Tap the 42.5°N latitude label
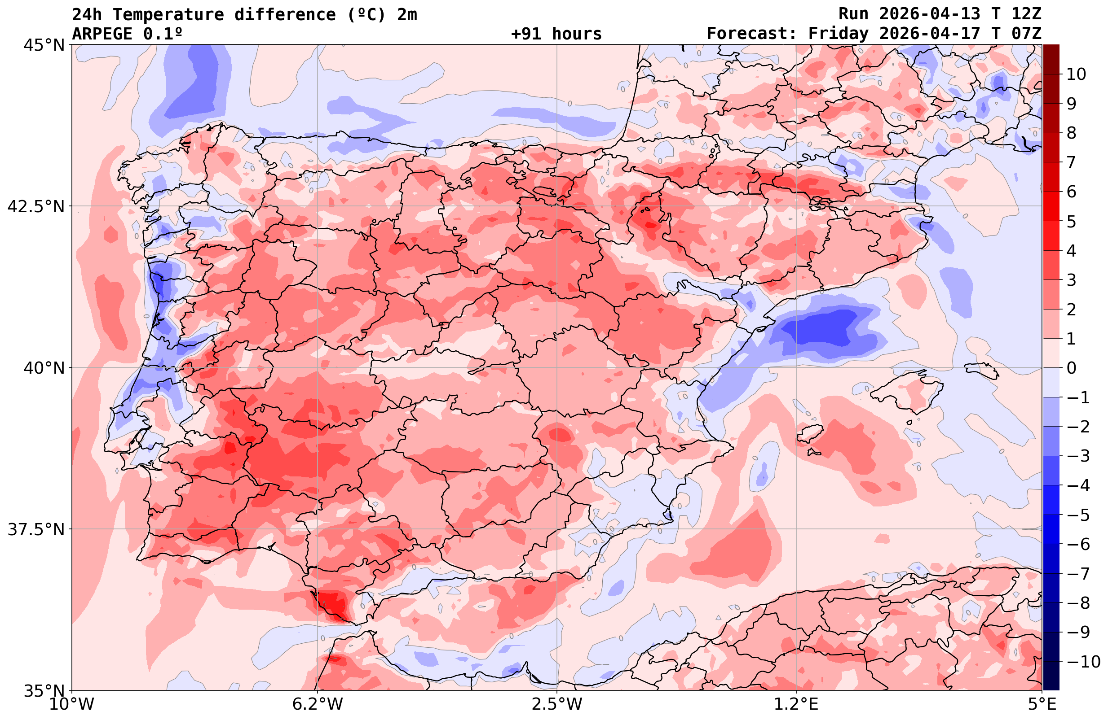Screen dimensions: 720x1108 [36, 206]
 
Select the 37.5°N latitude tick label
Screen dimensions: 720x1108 [36, 529]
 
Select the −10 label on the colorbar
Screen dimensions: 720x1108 [1083, 661]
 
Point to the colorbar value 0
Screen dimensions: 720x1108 [1071, 368]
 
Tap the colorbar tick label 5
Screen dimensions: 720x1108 [1071, 222]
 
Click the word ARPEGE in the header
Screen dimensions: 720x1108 [102, 34]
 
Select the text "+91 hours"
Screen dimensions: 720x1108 [556, 34]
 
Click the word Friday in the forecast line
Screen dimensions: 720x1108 [838, 34]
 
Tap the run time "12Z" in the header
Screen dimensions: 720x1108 [1026, 14]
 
